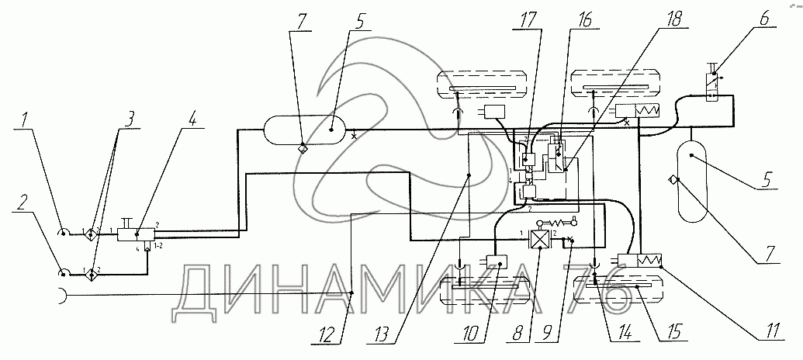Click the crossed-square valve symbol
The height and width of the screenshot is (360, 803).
click(x=538, y=239)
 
